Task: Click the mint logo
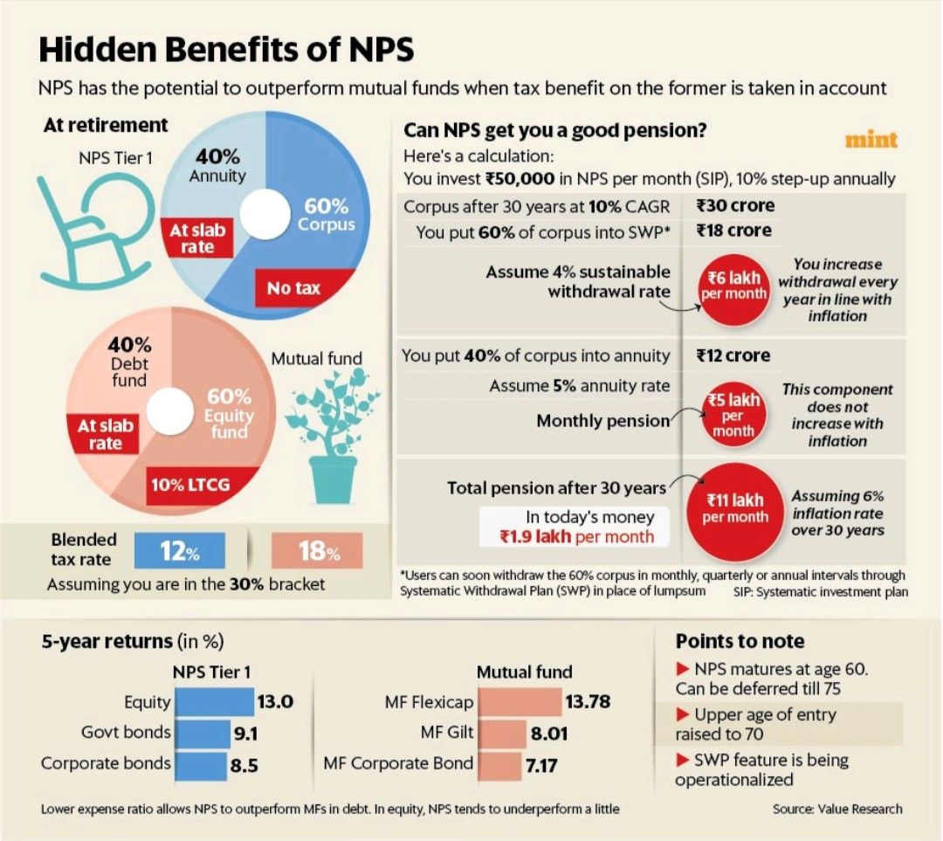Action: pos(871,140)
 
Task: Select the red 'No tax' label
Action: pos(293,287)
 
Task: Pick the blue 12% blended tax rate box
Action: pos(179,552)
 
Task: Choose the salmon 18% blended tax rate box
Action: pos(317,552)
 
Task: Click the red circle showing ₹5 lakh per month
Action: pos(733,415)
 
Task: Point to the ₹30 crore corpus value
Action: pos(734,206)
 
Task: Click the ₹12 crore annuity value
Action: pos(733,355)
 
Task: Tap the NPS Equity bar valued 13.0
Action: pos(213,702)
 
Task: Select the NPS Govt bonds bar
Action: pos(202,733)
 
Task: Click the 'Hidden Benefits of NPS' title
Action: pos(226,50)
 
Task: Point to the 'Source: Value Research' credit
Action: pos(836,809)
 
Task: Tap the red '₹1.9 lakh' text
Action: pos(533,537)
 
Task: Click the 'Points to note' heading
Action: pos(740,641)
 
